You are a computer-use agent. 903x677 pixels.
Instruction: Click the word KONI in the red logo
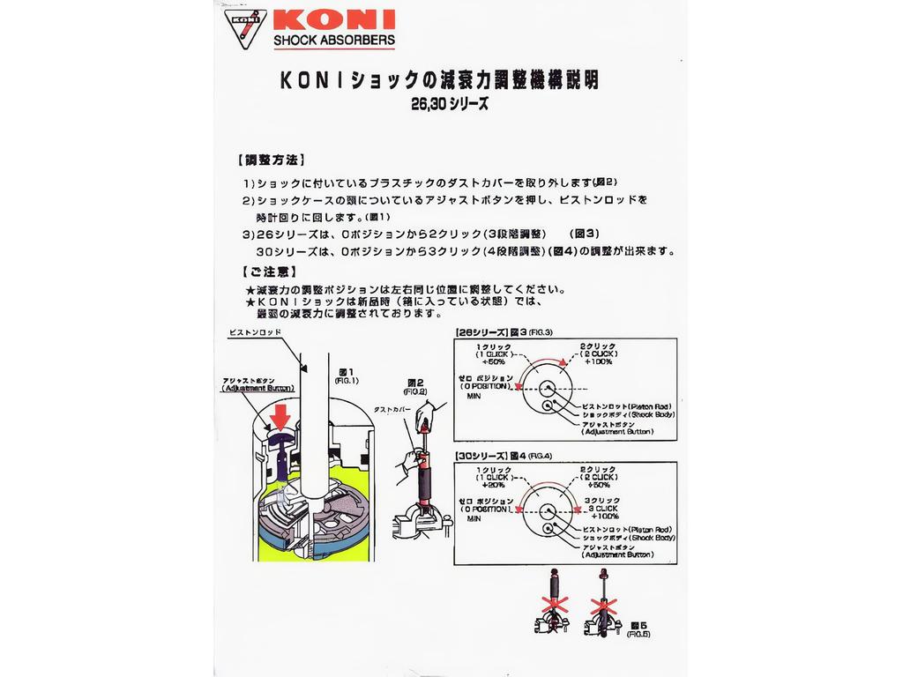tap(335, 19)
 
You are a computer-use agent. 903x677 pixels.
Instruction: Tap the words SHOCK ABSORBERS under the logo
tap(334, 41)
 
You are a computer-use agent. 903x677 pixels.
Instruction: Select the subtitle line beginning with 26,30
tap(449, 102)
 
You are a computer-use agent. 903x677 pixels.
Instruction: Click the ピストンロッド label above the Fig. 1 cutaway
tap(254, 333)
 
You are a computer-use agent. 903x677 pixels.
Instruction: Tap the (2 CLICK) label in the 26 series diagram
tap(597, 353)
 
